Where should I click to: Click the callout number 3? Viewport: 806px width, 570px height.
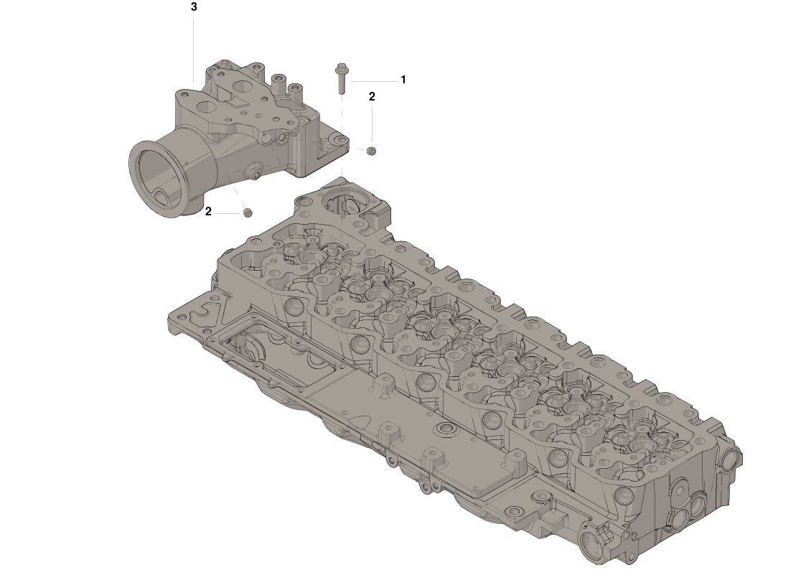194,7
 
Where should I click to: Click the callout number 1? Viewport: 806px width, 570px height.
403,80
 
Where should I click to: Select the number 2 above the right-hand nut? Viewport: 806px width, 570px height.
372,97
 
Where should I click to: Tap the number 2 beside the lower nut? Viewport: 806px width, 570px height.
208,211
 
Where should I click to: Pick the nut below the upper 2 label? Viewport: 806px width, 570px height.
371,151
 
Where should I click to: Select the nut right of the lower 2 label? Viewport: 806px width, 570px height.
247,212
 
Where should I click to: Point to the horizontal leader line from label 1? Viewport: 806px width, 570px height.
375,81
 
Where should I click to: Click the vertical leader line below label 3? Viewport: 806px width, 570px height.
194,49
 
